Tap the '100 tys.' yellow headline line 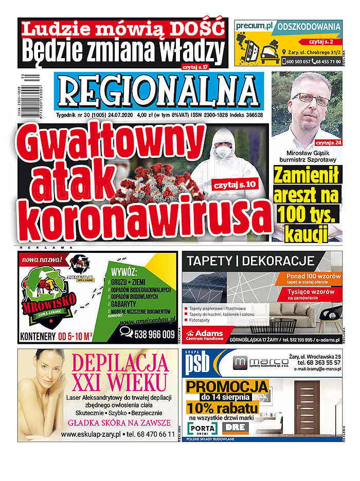(306, 214)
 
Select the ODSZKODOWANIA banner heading (309, 26)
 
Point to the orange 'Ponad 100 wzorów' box (313, 279)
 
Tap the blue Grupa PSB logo (198, 364)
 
